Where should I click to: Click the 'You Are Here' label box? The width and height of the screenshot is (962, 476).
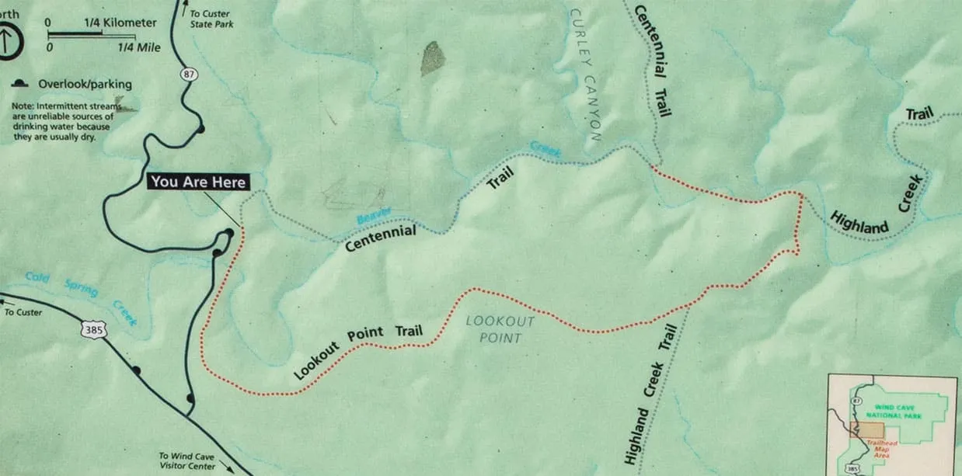(x=198, y=182)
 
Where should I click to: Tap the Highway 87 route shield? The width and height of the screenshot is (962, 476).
(x=190, y=75)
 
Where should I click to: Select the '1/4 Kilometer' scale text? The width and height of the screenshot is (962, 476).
(x=120, y=23)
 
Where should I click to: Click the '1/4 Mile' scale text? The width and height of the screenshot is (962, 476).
(x=139, y=47)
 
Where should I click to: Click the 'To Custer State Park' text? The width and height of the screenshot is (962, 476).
(x=211, y=19)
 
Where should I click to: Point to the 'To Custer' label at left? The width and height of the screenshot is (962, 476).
(x=23, y=312)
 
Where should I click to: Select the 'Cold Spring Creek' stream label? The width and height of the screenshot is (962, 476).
(x=81, y=296)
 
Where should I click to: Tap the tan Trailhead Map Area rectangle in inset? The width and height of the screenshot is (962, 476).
(x=870, y=430)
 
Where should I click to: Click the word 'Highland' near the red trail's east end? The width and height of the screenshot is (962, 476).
(x=859, y=222)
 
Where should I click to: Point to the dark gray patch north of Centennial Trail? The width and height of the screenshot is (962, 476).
(x=432, y=58)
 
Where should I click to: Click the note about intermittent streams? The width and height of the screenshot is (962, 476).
(x=62, y=121)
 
